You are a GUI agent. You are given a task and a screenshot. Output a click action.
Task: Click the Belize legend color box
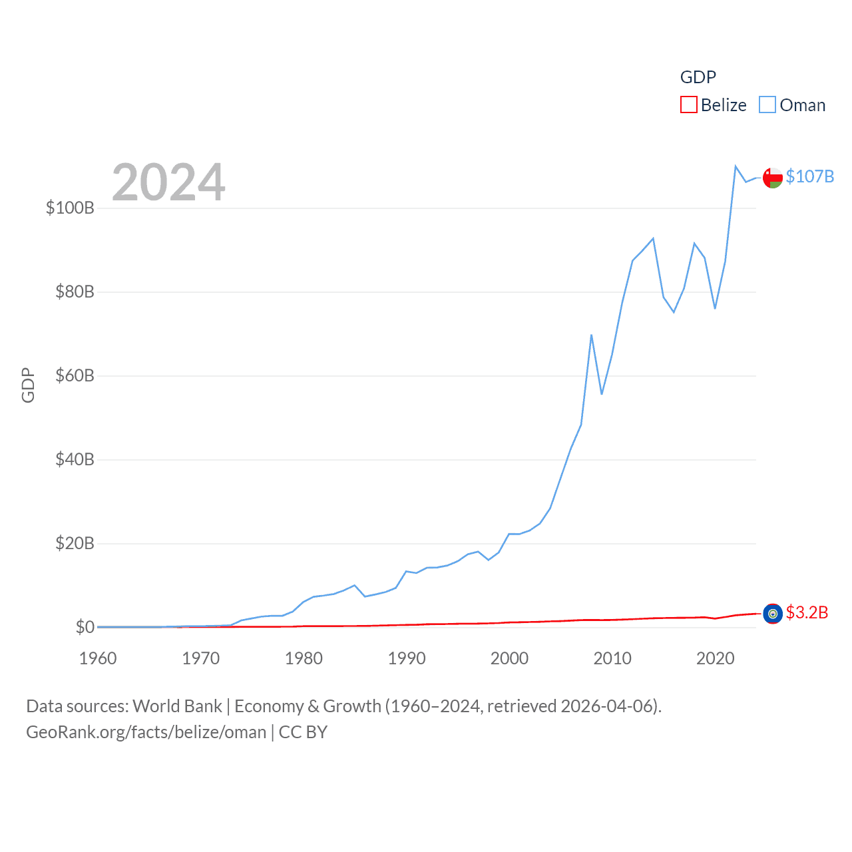pos(688,105)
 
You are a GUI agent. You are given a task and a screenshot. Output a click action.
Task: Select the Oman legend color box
pos(767,105)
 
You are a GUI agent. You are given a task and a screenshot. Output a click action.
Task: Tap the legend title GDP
pos(698,77)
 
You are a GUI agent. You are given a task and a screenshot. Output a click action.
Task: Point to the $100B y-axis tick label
pos(70,208)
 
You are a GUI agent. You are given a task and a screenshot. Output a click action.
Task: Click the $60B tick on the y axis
pos(75,375)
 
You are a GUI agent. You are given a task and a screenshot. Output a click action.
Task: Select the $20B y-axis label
pos(75,543)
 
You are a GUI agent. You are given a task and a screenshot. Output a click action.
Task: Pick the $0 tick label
pos(85,627)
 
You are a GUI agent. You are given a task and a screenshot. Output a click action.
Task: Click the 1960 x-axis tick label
pos(98,658)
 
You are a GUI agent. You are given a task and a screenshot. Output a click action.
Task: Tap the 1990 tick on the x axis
pos(406,658)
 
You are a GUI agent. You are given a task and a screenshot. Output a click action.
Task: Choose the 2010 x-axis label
pos(612,658)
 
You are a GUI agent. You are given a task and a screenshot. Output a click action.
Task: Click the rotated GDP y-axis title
pos(28,385)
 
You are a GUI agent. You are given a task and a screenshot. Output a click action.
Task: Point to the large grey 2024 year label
pos(168,182)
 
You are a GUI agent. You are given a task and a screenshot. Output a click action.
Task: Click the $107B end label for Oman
pos(809,176)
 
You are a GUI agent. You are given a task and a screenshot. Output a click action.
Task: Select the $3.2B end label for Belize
pos(807,612)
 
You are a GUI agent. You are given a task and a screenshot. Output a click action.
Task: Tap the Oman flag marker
pos(772,178)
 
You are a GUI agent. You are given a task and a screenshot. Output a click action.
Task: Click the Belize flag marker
pos(772,614)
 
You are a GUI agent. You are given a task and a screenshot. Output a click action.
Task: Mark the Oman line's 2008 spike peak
pos(591,335)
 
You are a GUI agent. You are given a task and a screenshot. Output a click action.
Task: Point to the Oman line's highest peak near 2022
pos(736,166)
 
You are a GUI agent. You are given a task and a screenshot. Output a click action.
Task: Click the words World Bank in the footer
pos(177,706)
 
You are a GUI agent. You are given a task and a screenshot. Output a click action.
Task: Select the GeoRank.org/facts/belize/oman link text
pos(146,732)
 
